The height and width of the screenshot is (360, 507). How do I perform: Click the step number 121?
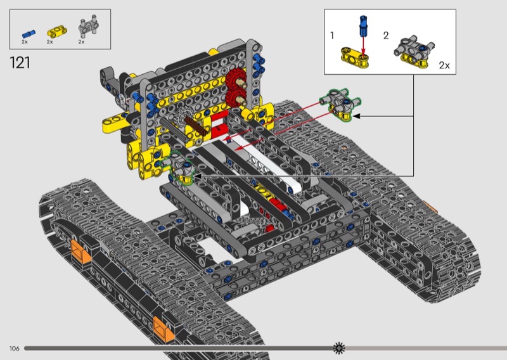tap(20, 62)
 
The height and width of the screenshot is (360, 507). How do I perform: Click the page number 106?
tap(14, 349)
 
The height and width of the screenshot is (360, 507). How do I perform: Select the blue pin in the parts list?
tap(29, 34)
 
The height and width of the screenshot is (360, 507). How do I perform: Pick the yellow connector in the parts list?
tap(57, 32)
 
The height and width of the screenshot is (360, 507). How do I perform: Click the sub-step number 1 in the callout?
tap(332, 35)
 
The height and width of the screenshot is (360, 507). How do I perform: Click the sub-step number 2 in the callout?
tap(386, 35)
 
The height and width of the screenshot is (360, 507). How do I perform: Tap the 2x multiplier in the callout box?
tap(444, 65)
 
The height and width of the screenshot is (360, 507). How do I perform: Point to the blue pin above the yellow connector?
tap(363, 26)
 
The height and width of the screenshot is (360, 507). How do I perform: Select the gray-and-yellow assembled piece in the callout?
tap(414, 51)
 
